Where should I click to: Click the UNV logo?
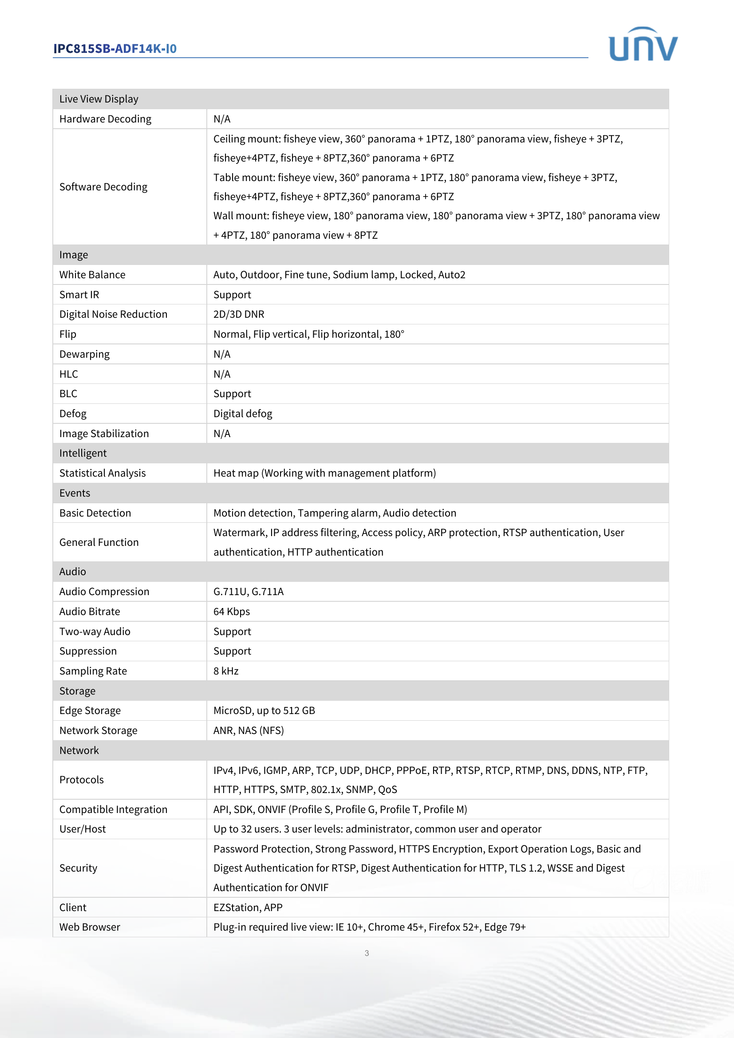(x=643, y=44)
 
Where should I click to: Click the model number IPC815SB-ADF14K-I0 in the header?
(x=115, y=48)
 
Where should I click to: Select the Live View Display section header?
(x=99, y=99)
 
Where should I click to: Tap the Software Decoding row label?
(x=103, y=187)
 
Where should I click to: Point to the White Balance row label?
(x=92, y=274)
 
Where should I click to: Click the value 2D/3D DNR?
(x=239, y=314)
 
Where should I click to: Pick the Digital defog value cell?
(x=243, y=414)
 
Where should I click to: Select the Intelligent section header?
(x=83, y=453)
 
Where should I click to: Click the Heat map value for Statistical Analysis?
(x=324, y=473)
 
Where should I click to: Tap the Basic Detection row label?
(x=95, y=513)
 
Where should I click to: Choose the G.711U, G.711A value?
(x=248, y=591)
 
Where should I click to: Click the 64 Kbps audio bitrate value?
(x=231, y=611)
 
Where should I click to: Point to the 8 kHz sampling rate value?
(x=225, y=671)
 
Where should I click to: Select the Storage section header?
(x=77, y=691)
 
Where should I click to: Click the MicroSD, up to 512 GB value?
(x=264, y=710)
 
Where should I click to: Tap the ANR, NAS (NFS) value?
(x=248, y=730)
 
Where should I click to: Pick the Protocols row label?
(x=81, y=779)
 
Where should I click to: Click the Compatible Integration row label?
(x=113, y=809)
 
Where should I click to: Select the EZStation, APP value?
(x=248, y=908)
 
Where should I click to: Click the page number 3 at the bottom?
(x=367, y=953)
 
